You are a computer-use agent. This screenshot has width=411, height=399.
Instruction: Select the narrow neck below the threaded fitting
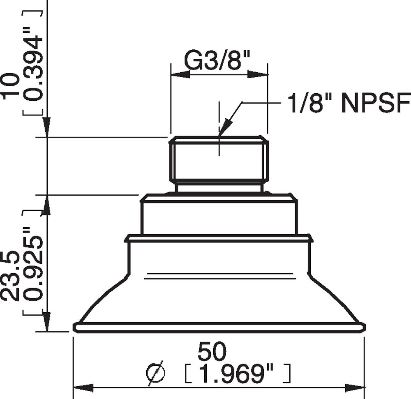pos(219,188)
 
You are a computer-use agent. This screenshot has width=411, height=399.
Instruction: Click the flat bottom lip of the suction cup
pos(219,327)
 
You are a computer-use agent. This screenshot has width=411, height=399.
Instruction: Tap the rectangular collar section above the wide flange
pos(219,218)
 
